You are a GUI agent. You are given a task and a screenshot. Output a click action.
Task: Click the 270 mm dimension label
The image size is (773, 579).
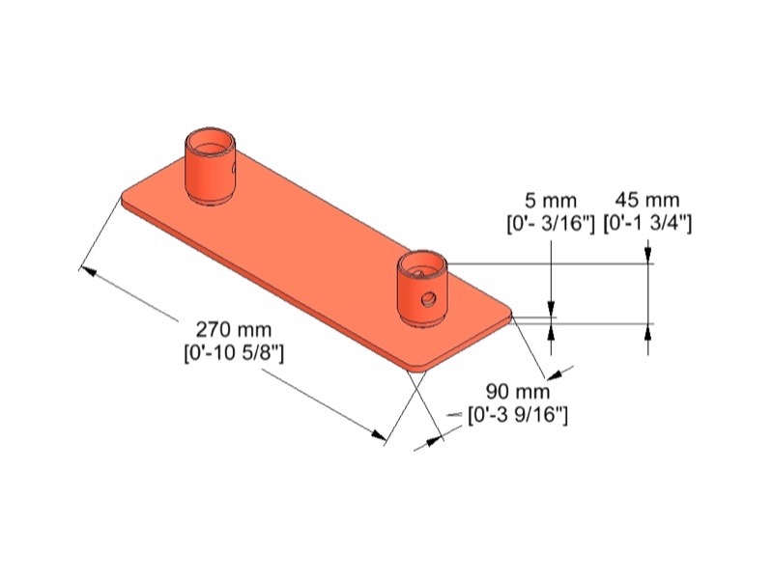234,329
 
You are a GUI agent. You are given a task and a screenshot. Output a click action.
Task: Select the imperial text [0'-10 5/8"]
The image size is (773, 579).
234,353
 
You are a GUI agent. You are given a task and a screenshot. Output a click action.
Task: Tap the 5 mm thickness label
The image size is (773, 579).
551,201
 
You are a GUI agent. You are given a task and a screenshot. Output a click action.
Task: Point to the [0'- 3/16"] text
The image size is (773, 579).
551,224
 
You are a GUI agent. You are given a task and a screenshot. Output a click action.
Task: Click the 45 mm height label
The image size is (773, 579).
647,200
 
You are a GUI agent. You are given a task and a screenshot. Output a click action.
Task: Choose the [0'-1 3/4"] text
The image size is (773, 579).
647,224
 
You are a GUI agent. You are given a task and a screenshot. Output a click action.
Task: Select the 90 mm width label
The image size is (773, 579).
518,392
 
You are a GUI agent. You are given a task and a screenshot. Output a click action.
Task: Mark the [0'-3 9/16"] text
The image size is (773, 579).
518,416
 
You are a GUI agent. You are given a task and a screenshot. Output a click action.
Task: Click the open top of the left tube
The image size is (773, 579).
210,142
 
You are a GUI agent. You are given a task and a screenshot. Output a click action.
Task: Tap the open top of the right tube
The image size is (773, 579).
422,264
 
